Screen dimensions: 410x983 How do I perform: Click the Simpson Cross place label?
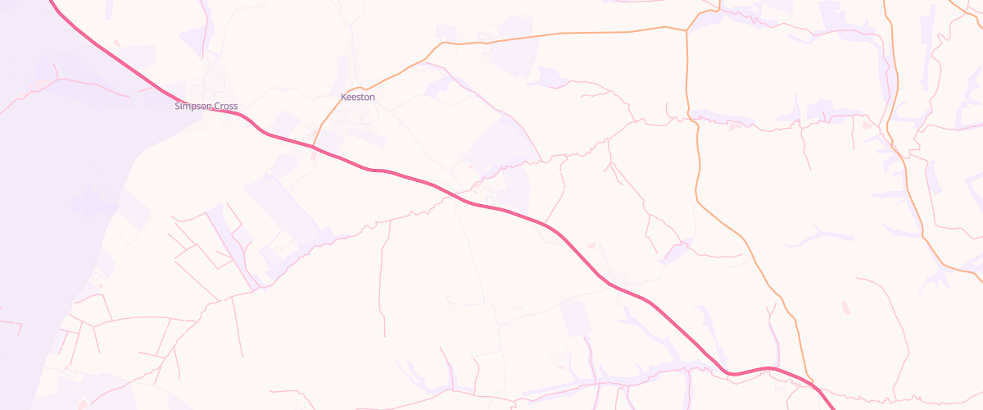click(206, 107)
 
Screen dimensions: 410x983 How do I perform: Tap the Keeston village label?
click(358, 97)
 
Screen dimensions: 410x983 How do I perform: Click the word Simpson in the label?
click(193, 107)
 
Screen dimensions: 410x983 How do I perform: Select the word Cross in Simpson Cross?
click(226, 107)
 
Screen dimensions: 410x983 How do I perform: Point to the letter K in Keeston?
click(343, 97)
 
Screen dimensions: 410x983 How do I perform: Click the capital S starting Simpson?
click(177, 107)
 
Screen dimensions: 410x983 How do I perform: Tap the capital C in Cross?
click(217, 107)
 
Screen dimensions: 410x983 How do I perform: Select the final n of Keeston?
click(373, 97)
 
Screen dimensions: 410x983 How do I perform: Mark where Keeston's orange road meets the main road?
click(312, 146)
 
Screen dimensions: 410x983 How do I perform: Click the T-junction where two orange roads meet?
click(686, 31)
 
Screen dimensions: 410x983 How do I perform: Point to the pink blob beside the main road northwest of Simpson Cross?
click(116, 42)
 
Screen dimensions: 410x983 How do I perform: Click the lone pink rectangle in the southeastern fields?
click(846, 307)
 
